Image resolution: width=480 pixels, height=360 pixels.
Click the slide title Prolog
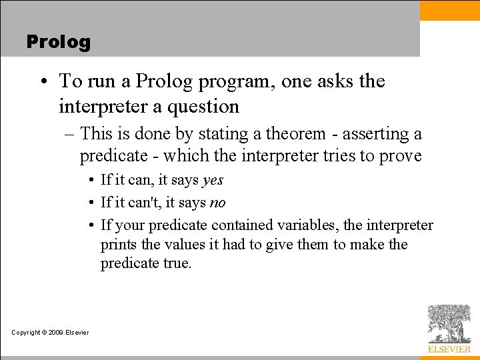58,42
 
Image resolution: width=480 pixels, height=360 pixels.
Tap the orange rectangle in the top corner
449,10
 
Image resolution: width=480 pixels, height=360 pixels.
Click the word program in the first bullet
236,81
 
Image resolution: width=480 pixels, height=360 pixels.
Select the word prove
399,156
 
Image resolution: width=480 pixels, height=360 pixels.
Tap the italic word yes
212,180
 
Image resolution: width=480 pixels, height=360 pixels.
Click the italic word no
217,203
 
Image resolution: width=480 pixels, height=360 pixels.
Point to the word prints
119,245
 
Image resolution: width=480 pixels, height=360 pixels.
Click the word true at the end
177,263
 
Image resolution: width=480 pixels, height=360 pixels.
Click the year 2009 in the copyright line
55,333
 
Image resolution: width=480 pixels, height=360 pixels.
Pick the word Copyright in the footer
26,333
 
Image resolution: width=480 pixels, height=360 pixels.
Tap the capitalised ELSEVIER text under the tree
449,349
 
